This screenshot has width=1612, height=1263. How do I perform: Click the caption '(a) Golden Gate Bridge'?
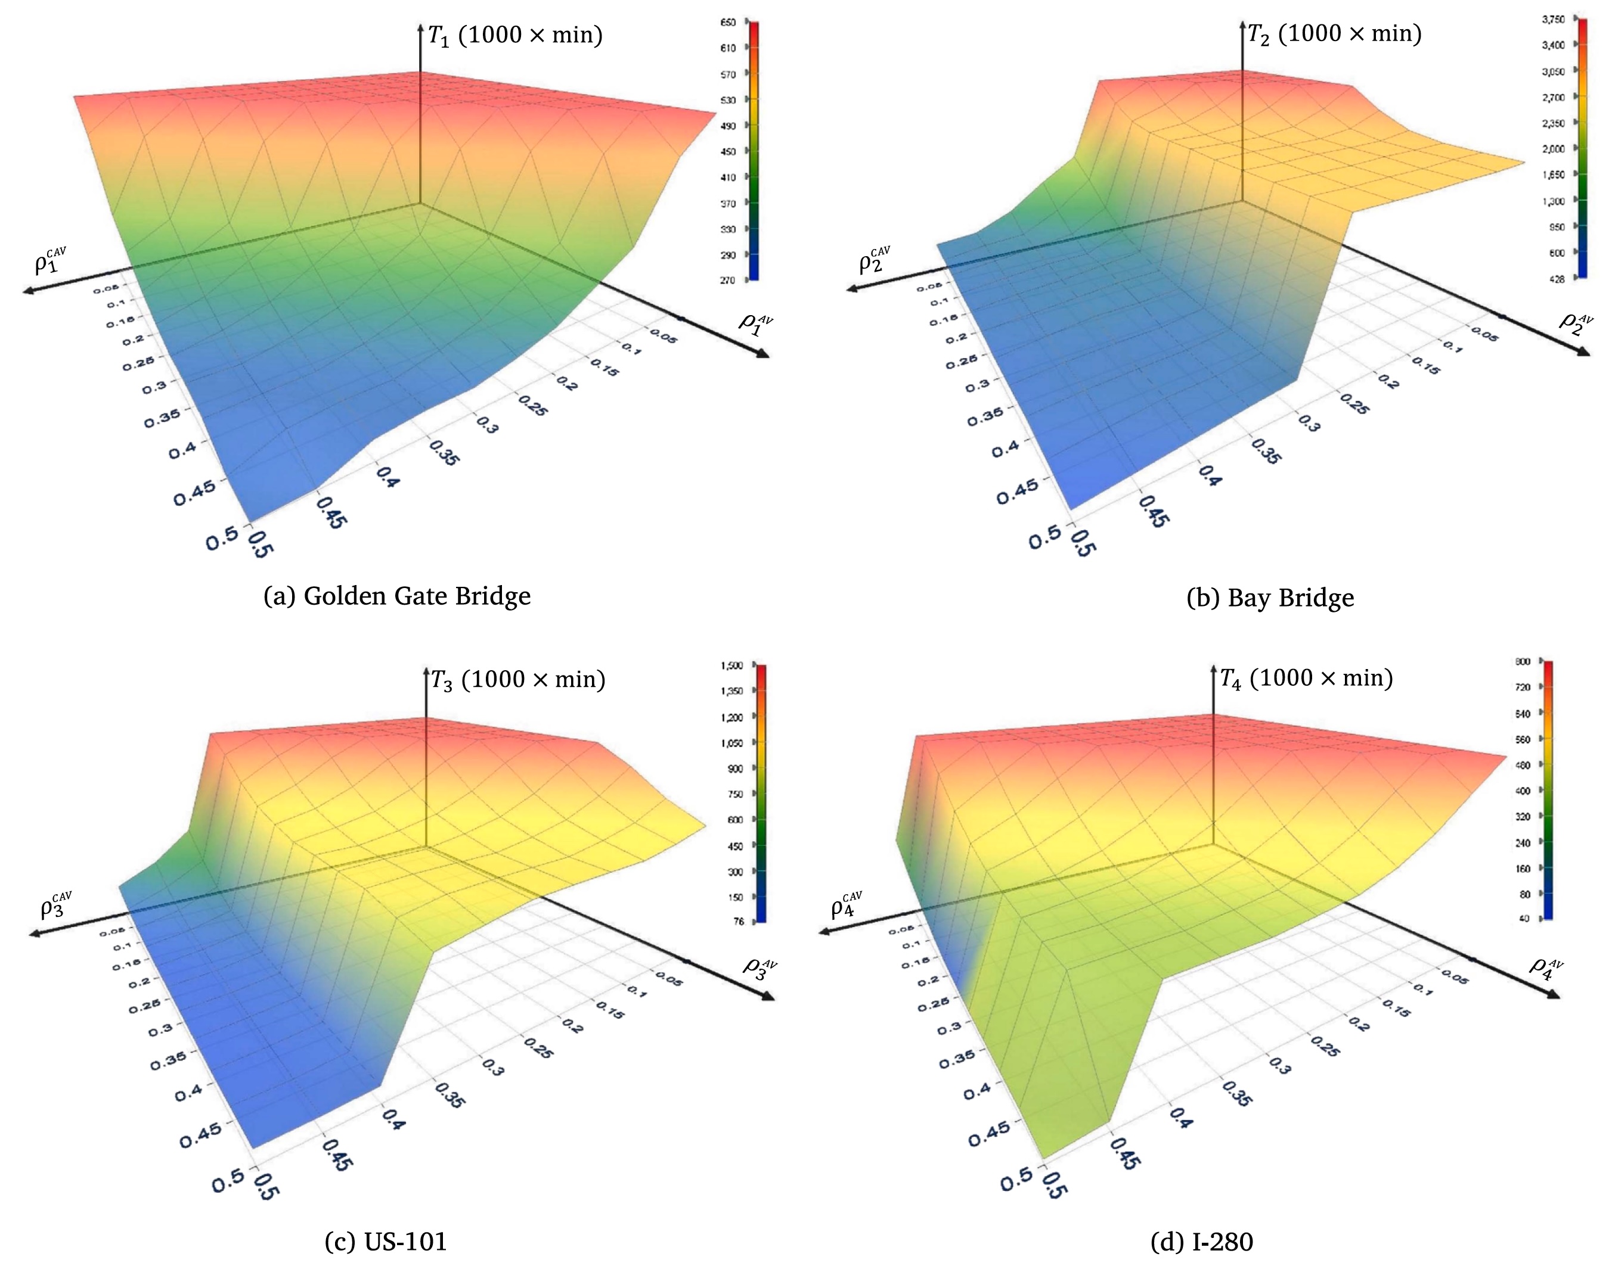396,596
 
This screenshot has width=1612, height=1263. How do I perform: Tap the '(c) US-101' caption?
386,1242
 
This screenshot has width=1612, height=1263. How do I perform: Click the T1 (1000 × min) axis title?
516,35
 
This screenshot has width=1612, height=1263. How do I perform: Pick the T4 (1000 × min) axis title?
1306,678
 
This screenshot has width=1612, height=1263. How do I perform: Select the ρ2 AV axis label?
1575,322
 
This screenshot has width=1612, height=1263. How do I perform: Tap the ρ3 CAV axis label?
56,905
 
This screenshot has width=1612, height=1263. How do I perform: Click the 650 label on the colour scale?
728,23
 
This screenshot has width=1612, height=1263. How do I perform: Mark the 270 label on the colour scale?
728,280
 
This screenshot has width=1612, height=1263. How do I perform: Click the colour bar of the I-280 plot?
1547,790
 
